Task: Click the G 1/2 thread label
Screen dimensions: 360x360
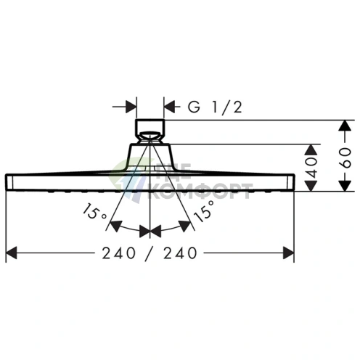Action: click(215, 107)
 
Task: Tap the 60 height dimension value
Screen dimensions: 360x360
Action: click(345, 157)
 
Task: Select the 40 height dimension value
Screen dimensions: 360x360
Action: click(311, 168)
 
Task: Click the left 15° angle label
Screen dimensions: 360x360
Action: click(94, 211)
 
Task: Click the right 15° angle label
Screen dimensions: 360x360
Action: click(204, 211)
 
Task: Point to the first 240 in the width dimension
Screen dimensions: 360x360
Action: click(119, 253)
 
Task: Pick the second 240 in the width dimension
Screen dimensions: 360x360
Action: click(180, 253)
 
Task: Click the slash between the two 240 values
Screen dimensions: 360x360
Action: click(150, 253)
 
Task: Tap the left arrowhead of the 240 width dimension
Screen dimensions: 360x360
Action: click(11, 253)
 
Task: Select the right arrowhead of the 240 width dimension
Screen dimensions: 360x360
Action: click(288, 253)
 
